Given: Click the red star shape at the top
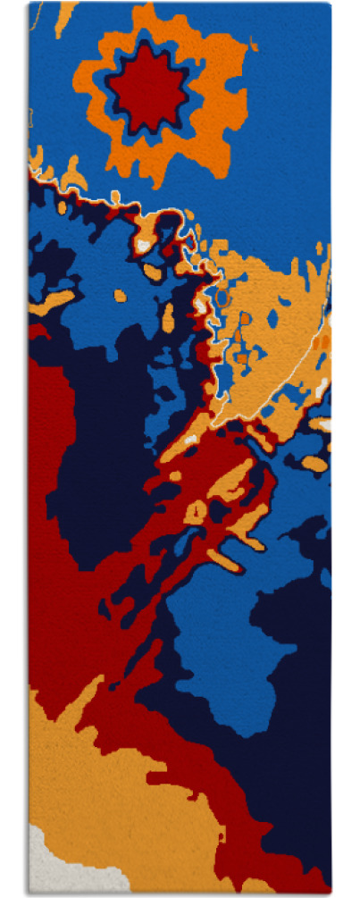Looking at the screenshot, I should coord(147,87).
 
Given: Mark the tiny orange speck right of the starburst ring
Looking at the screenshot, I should coord(255,42).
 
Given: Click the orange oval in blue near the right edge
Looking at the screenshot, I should coord(314,463).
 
